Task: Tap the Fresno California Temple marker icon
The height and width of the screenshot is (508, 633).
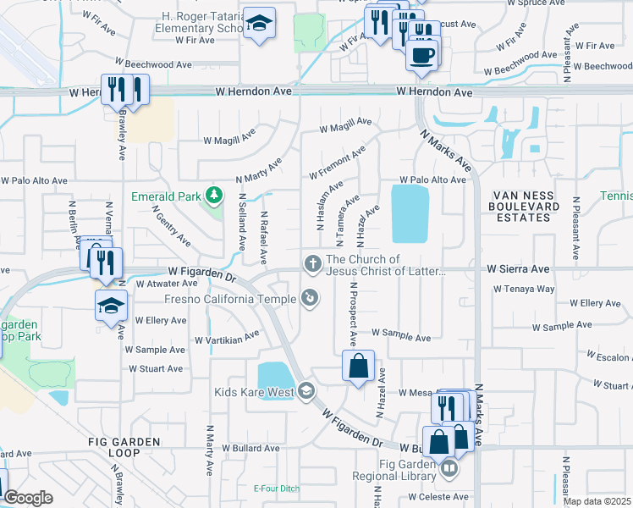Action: (x=311, y=298)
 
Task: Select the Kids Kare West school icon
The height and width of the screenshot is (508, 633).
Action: (x=305, y=391)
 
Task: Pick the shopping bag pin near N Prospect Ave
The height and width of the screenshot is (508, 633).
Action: (x=358, y=367)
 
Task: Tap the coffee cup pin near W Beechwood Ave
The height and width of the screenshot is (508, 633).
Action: (x=421, y=56)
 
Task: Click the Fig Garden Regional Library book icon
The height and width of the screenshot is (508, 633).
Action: (x=449, y=467)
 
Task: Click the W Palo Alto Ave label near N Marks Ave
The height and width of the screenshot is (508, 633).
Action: (x=433, y=179)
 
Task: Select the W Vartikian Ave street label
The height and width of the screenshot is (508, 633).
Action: (x=227, y=339)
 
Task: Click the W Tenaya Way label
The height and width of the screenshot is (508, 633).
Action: (x=525, y=289)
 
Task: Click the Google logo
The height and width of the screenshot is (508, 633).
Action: (x=28, y=498)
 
